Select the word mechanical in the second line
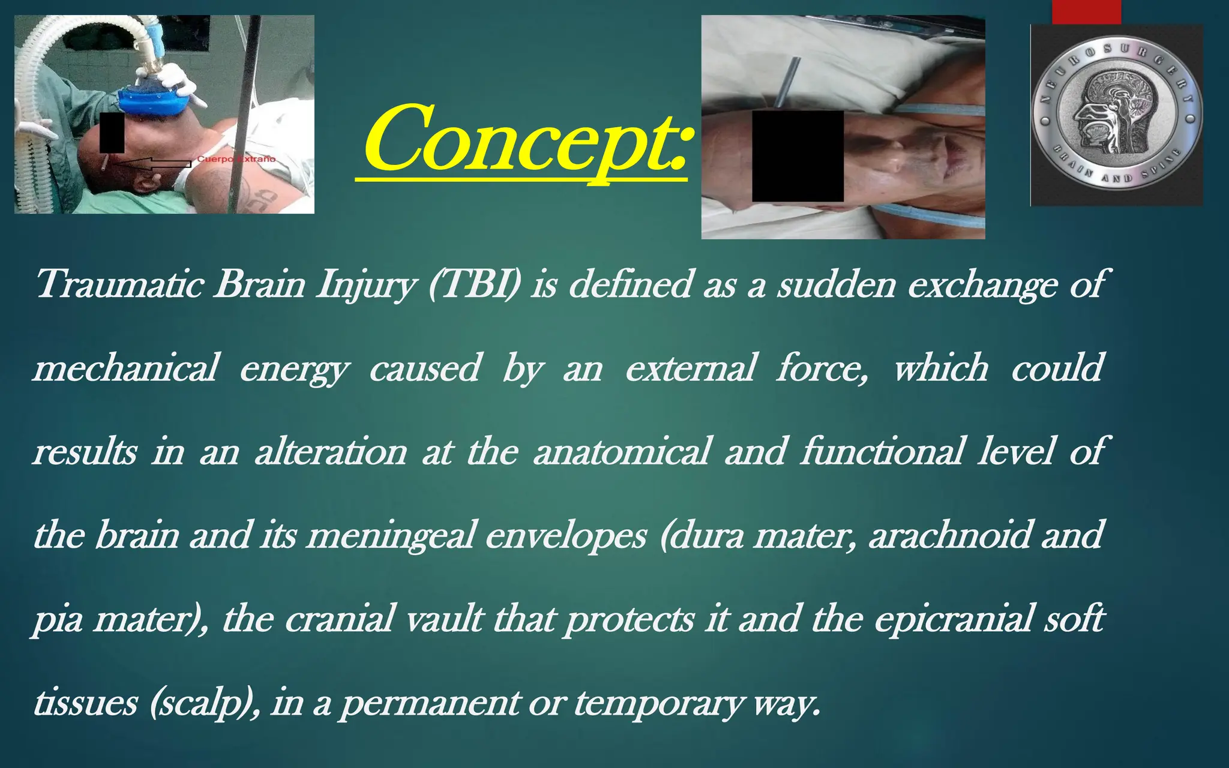(126, 368)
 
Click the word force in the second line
(822, 368)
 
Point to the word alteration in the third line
(331, 451)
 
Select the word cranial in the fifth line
(339, 619)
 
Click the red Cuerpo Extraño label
(236, 159)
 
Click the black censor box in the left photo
(112, 133)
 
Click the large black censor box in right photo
(798, 156)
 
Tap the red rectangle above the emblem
(1086, 11)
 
